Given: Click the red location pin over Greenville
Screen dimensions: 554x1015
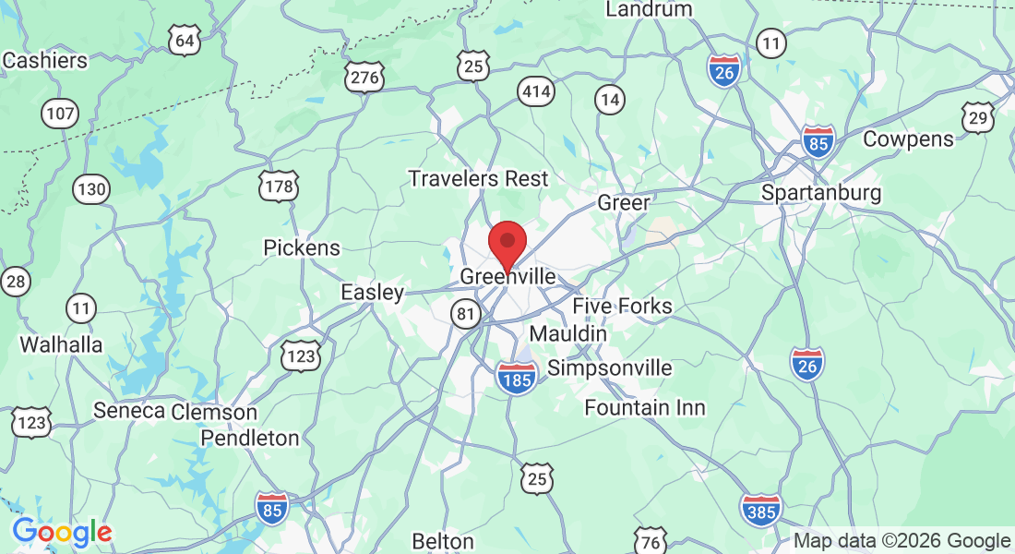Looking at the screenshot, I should (507, 242).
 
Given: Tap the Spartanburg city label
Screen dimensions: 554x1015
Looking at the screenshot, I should (821, 194).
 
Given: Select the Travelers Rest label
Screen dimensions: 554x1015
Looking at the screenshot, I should (478, 178).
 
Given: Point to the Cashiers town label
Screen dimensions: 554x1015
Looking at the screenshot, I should (45, 61).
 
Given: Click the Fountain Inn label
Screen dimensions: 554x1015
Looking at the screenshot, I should (645, 407).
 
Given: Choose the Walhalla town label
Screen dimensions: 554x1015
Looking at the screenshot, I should (62, 344).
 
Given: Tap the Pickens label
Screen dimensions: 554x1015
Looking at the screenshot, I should (302, 247).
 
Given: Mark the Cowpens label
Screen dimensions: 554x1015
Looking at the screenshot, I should (908, 139).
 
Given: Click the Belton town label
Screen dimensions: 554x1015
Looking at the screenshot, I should (443, 541).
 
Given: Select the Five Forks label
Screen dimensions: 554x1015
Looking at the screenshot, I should (622, 306).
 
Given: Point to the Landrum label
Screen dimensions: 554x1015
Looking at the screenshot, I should (649, 9).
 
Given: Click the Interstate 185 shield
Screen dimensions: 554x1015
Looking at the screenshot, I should (517, 379).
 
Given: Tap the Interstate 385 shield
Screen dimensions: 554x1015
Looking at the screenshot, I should (760, 510).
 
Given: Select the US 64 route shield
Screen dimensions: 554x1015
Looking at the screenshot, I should (185, 41).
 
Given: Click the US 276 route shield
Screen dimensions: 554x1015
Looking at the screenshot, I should (364, 78).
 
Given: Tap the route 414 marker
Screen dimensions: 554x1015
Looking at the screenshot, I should (536, 91).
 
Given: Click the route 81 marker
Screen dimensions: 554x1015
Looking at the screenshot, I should (466, 315).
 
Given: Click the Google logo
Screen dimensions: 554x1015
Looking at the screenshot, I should (62, 532).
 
